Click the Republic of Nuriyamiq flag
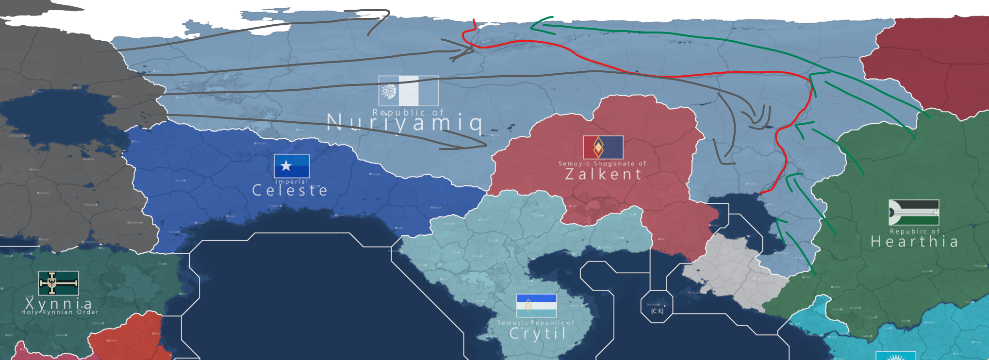408,91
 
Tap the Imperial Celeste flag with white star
292,166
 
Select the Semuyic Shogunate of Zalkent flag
603,147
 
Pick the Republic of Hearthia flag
914,213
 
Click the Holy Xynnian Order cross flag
58,283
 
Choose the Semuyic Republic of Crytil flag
536,305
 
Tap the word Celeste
290,190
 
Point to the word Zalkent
604,174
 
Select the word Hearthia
914,242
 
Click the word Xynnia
59,303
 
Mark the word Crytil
538,333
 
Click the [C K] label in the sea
657,311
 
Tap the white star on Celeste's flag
286,166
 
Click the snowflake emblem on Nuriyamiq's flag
388,91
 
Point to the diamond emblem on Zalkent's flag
598,147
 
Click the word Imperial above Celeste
292,181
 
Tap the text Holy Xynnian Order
60,312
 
